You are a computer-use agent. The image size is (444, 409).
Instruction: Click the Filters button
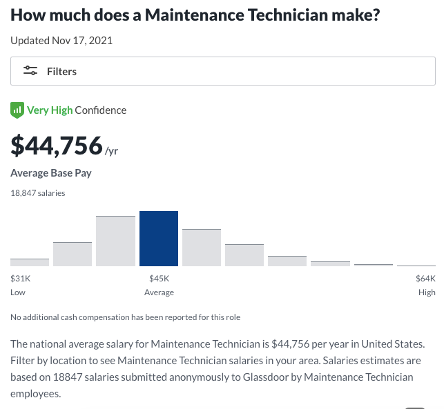(222, 71)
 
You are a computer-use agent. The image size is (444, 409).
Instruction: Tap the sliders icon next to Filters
(30, 71)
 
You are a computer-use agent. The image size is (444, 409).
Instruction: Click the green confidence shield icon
(17, 110)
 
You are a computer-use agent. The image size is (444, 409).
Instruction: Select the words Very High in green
(50, 110)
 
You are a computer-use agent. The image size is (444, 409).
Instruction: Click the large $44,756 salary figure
(56, 146)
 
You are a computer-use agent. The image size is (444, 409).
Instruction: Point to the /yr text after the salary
(112, 150)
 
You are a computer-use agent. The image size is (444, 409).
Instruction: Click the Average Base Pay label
(51, 172)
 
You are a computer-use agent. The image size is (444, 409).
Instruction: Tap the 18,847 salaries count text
(38, 193)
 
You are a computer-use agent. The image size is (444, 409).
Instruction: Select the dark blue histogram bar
(159, 239)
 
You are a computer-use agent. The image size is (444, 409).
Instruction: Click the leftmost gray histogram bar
(30, 262)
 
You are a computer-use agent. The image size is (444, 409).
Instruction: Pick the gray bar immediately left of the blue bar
(115, 241)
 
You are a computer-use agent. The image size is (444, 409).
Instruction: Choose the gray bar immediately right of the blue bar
(202, 248)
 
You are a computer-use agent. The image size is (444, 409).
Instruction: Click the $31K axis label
(21, 279)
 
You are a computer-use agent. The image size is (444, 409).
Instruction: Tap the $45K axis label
(159, 279)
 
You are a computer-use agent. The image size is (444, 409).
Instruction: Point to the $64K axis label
(425, 279)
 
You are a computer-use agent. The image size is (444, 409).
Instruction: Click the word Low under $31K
(18, 292)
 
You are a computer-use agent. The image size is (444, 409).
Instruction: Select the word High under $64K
(427, 292)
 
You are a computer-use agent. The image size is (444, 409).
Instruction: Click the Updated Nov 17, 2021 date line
(61, 40)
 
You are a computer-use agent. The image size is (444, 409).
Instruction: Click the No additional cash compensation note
(125, 317)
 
